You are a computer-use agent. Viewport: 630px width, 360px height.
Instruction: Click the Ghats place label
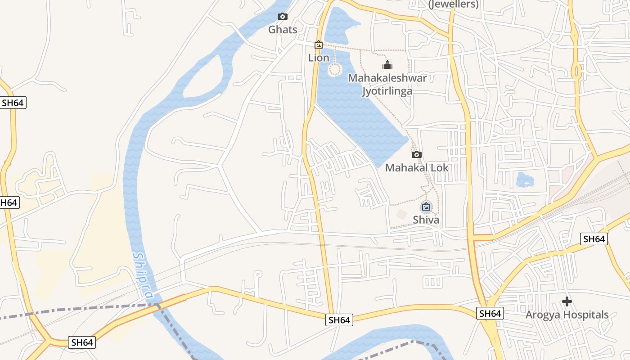tap(283, 30)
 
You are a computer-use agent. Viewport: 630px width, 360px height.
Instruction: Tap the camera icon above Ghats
tap(283, 17)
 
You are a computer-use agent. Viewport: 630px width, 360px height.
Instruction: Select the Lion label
tap(319, 58)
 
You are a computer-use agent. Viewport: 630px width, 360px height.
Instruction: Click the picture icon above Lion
tap(319, 45)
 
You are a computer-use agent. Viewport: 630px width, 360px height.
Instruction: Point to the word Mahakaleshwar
tap(387, 78)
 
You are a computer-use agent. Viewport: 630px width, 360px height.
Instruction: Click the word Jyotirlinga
tap(387, 91)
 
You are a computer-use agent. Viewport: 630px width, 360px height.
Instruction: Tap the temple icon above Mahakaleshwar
tap(387, 65)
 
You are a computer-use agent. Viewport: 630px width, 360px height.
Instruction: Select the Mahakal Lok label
tap(417, 168)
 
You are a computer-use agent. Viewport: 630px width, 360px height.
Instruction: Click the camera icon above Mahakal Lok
tap(417, 154)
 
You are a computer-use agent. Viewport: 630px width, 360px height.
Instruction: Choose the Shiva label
tap(426, 220)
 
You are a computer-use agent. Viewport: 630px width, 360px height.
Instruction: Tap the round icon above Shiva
tap(426, 207)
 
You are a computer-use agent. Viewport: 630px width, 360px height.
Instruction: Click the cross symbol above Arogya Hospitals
tap(567, 301)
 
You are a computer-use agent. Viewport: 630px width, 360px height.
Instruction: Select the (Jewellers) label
tap(453, 4)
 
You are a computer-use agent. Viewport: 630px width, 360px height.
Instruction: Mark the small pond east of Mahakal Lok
tap(525, 180)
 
